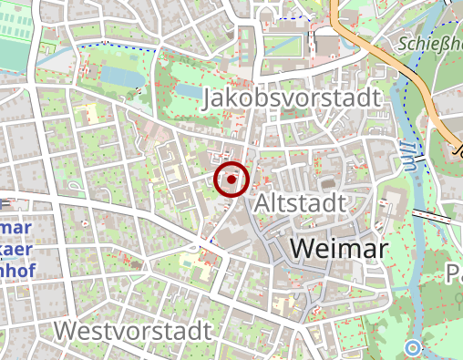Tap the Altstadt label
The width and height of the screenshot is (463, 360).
(x=301, y=202)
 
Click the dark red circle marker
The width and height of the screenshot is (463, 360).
(x=232, y=180)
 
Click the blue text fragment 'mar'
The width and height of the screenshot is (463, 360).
(x=16, y=228)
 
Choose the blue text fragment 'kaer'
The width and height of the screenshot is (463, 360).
(x=16, y=250)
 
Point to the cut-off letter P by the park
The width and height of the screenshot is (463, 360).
(x=454, y=273)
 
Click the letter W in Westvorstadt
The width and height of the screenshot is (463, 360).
(x=65, y=330)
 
